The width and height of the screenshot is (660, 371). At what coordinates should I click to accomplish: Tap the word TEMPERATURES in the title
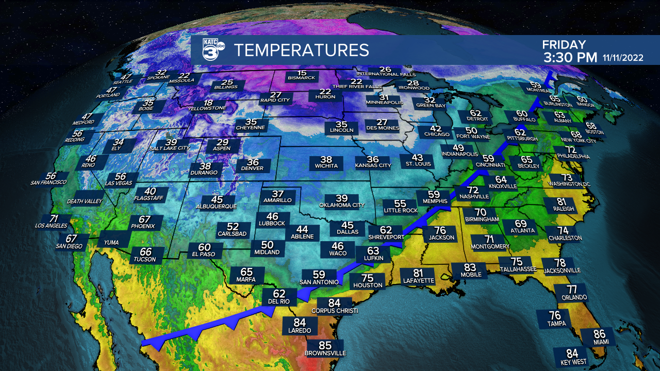(x=302, y=50)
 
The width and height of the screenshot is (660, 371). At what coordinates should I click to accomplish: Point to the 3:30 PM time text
(x=570, y=57)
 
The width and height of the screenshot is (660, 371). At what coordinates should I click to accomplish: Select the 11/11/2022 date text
(x=623, y=58)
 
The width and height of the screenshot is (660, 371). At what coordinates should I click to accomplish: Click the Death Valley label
(x=85, y=201)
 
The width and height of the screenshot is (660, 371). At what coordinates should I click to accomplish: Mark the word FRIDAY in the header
(x=564, y=45)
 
